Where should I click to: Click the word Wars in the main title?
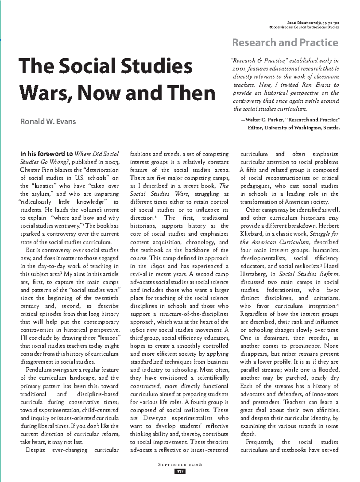[x=41, y=93]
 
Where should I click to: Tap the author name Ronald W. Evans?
[x=48, y=122]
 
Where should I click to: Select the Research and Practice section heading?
[x=285, y=43]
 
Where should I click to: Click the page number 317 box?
[x=180, y=471]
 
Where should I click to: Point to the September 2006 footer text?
[x=180, y=465]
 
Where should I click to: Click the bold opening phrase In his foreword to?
[x=46, y=154]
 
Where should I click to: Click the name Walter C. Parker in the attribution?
[x=264, y=120]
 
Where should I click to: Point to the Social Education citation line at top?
[x=313, y=23]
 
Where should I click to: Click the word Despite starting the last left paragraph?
[x=35, y=450]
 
